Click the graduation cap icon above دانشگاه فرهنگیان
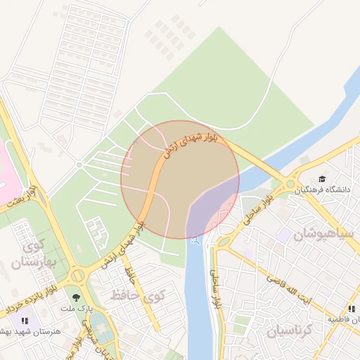[322, 179]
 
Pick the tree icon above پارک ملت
[75, 297]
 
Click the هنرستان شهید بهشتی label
[32, 330]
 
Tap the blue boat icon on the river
[195, 241]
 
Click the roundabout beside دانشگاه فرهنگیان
[290, 184]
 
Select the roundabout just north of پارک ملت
[77, 276]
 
